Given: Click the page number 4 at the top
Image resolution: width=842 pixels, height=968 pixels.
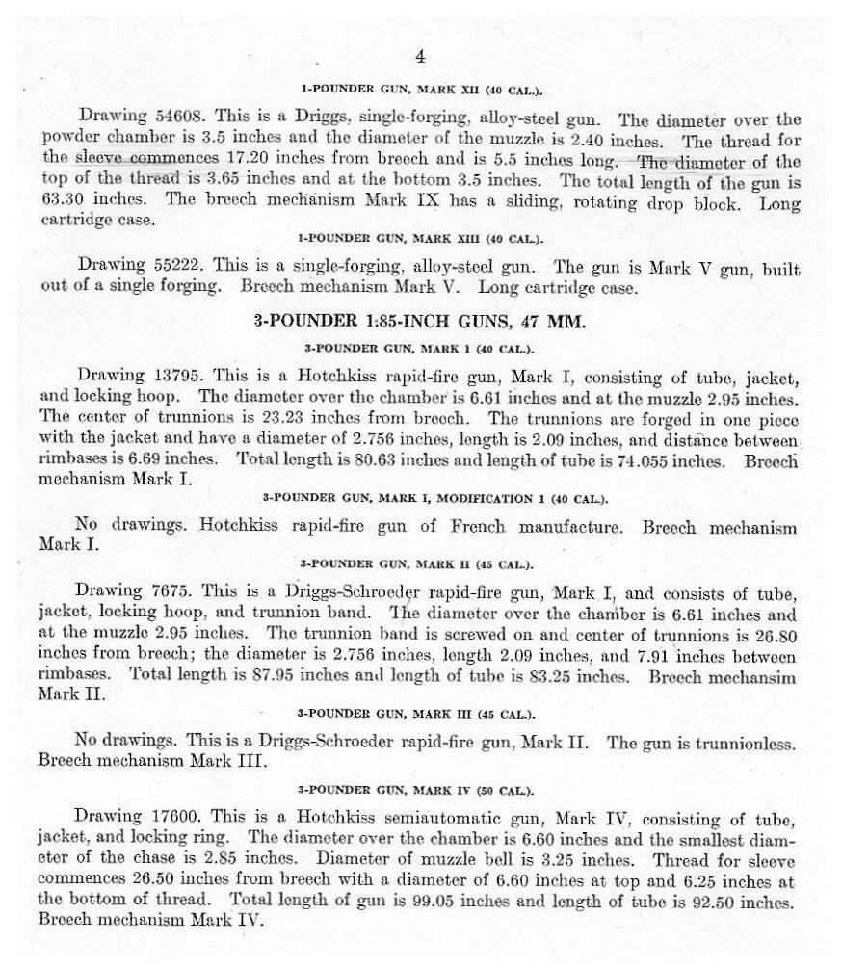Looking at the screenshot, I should click(x=420, y=57).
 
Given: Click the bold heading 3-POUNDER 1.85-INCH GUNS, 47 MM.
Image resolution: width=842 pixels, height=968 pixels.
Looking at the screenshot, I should click(x=420, y=321).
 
